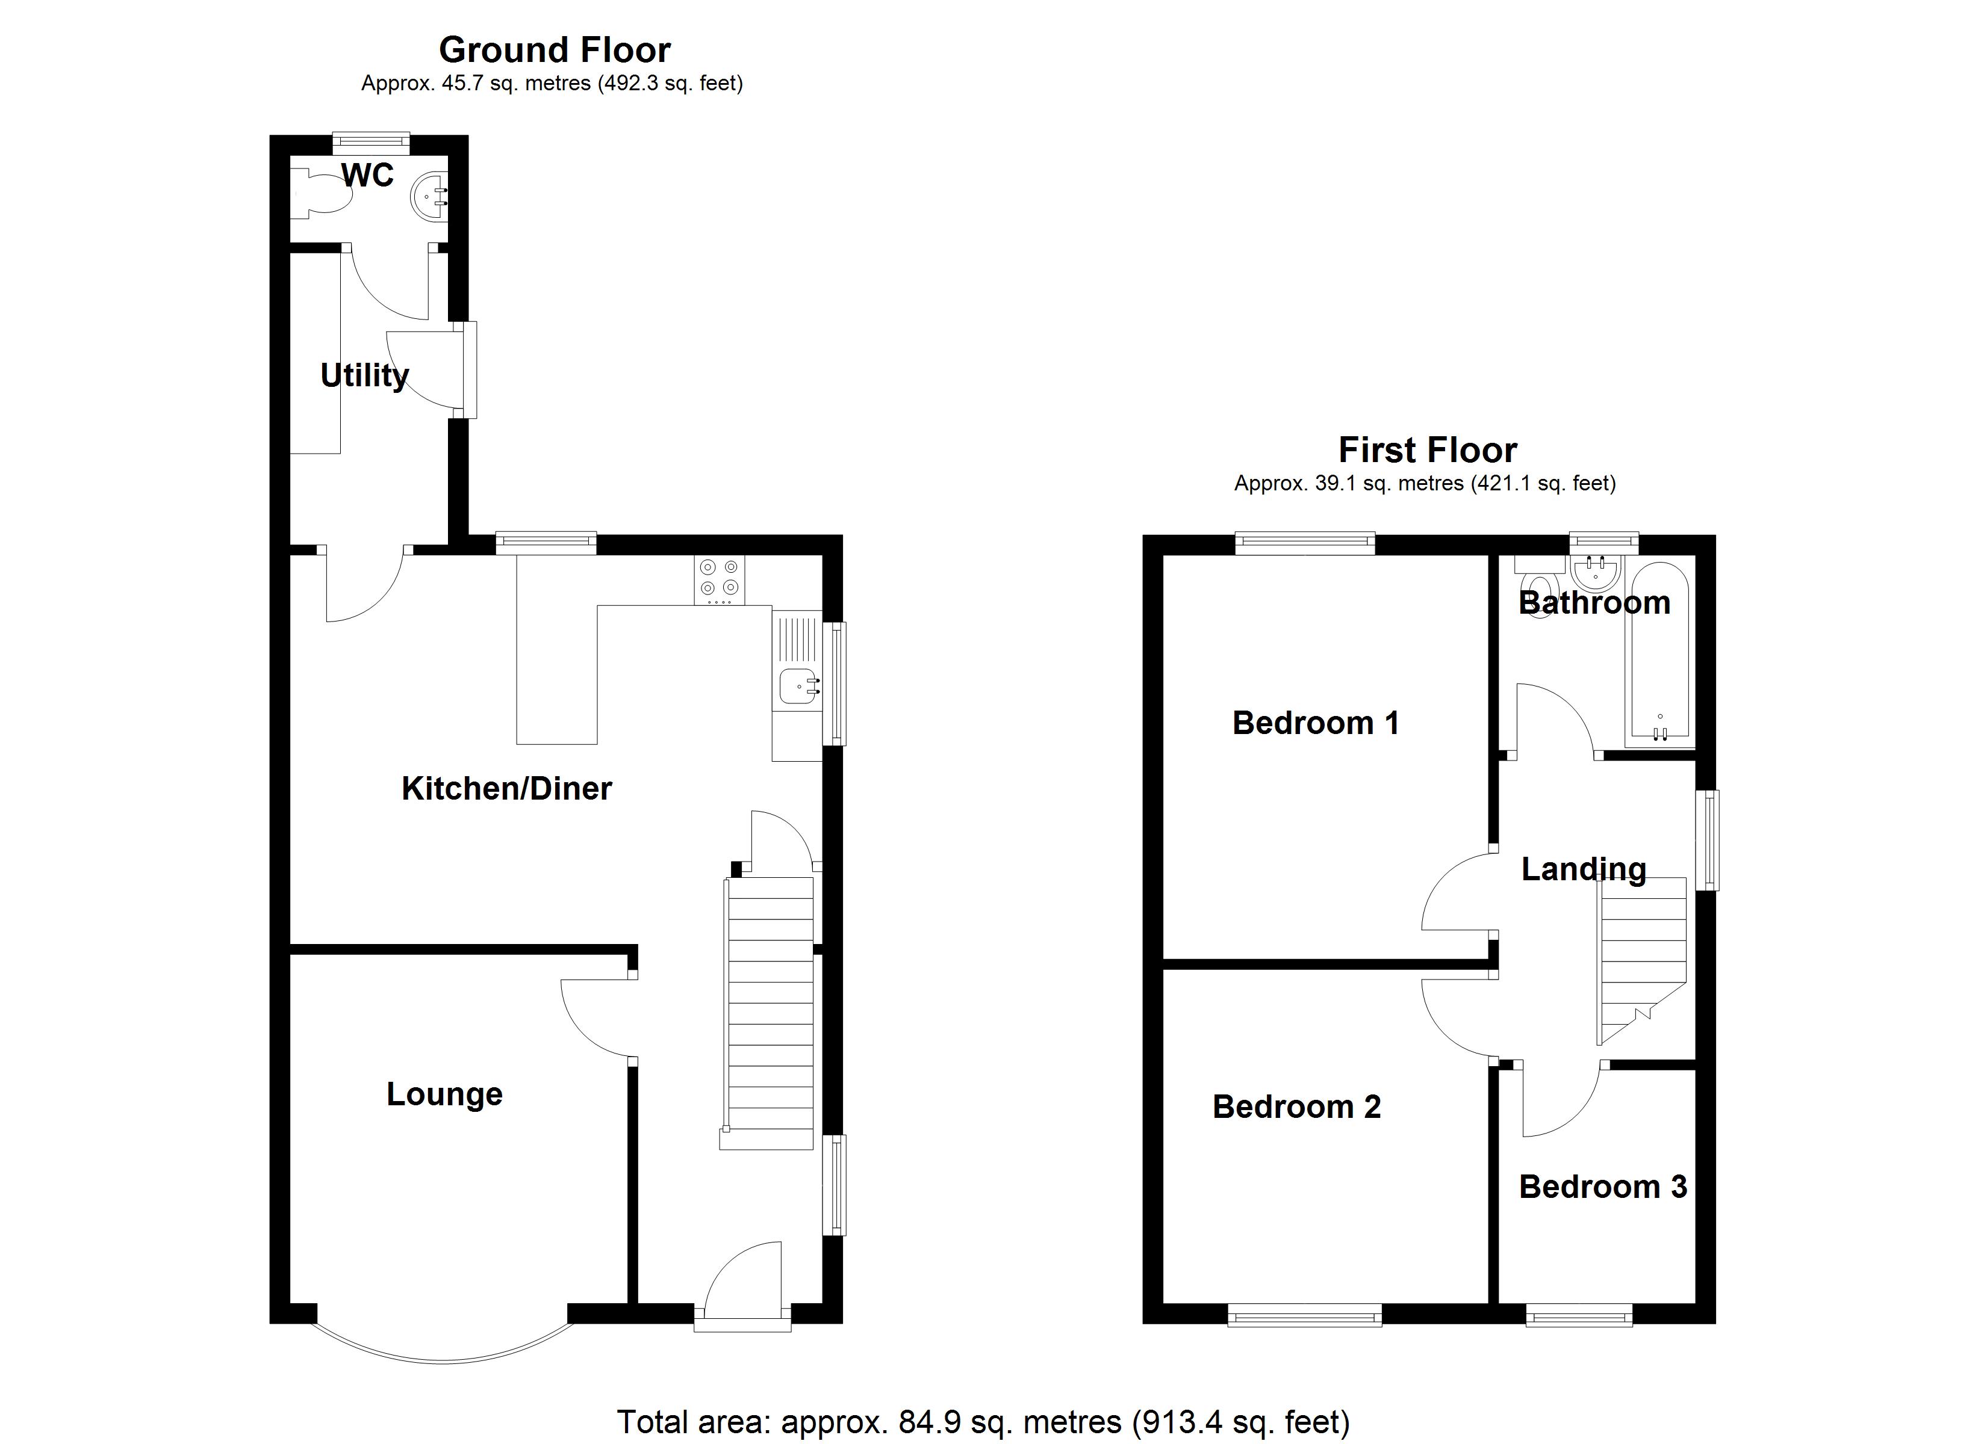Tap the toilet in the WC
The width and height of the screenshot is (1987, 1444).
tap(324, 194)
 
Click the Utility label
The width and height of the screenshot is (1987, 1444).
tap(364, 375)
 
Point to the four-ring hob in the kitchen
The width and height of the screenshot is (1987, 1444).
tap(720, 579)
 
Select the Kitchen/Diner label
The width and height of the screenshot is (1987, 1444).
tap(506, 788)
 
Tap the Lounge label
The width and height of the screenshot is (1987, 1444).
tap(444, 1094)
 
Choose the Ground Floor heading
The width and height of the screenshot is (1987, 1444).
tap(555, 50)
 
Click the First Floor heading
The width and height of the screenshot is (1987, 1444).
tap(1427, 450)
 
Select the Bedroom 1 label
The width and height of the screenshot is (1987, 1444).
tap(1315, 723)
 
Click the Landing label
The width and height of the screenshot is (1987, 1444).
tap(1583, 869)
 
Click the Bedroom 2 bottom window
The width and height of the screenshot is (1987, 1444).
tap(1305, 1315)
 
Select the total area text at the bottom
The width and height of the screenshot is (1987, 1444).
tap(983, 1421)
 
